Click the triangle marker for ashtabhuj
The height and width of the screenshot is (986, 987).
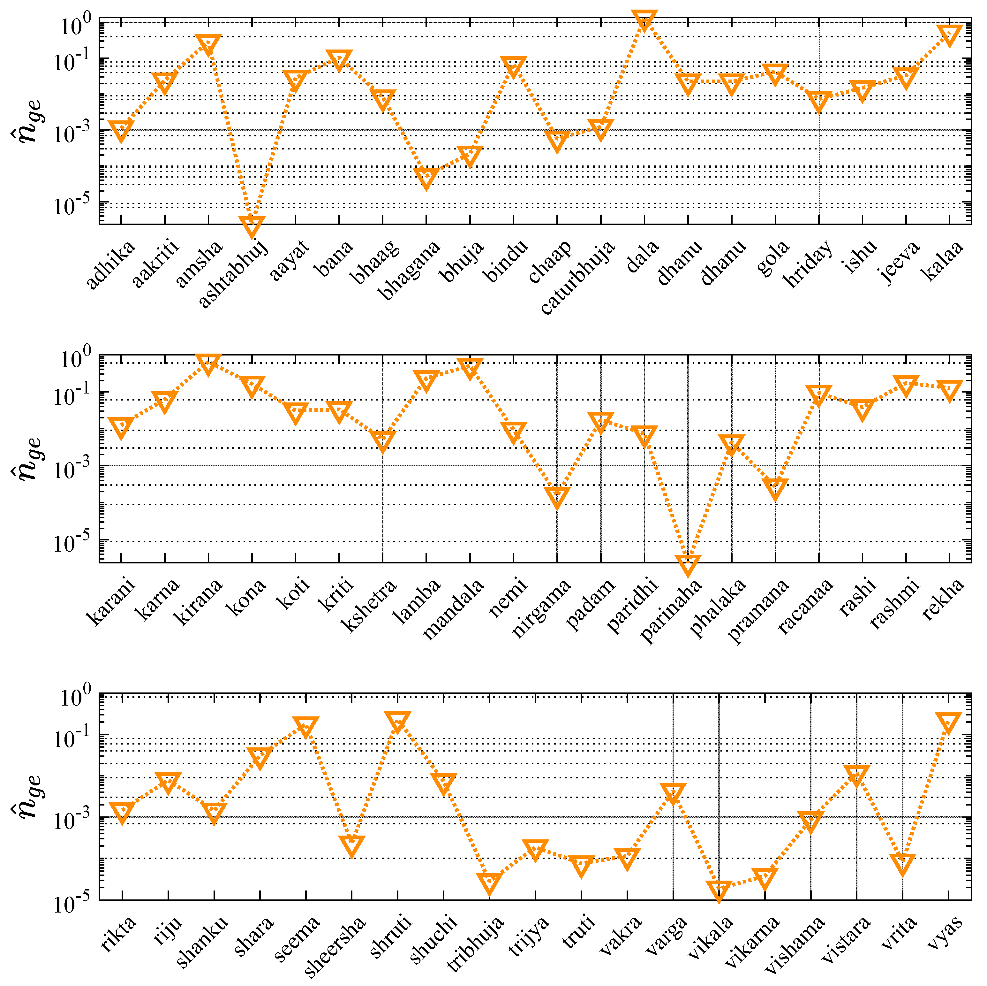click(x=251, y=225)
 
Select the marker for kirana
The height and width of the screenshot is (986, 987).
click(x=208, y=363)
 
